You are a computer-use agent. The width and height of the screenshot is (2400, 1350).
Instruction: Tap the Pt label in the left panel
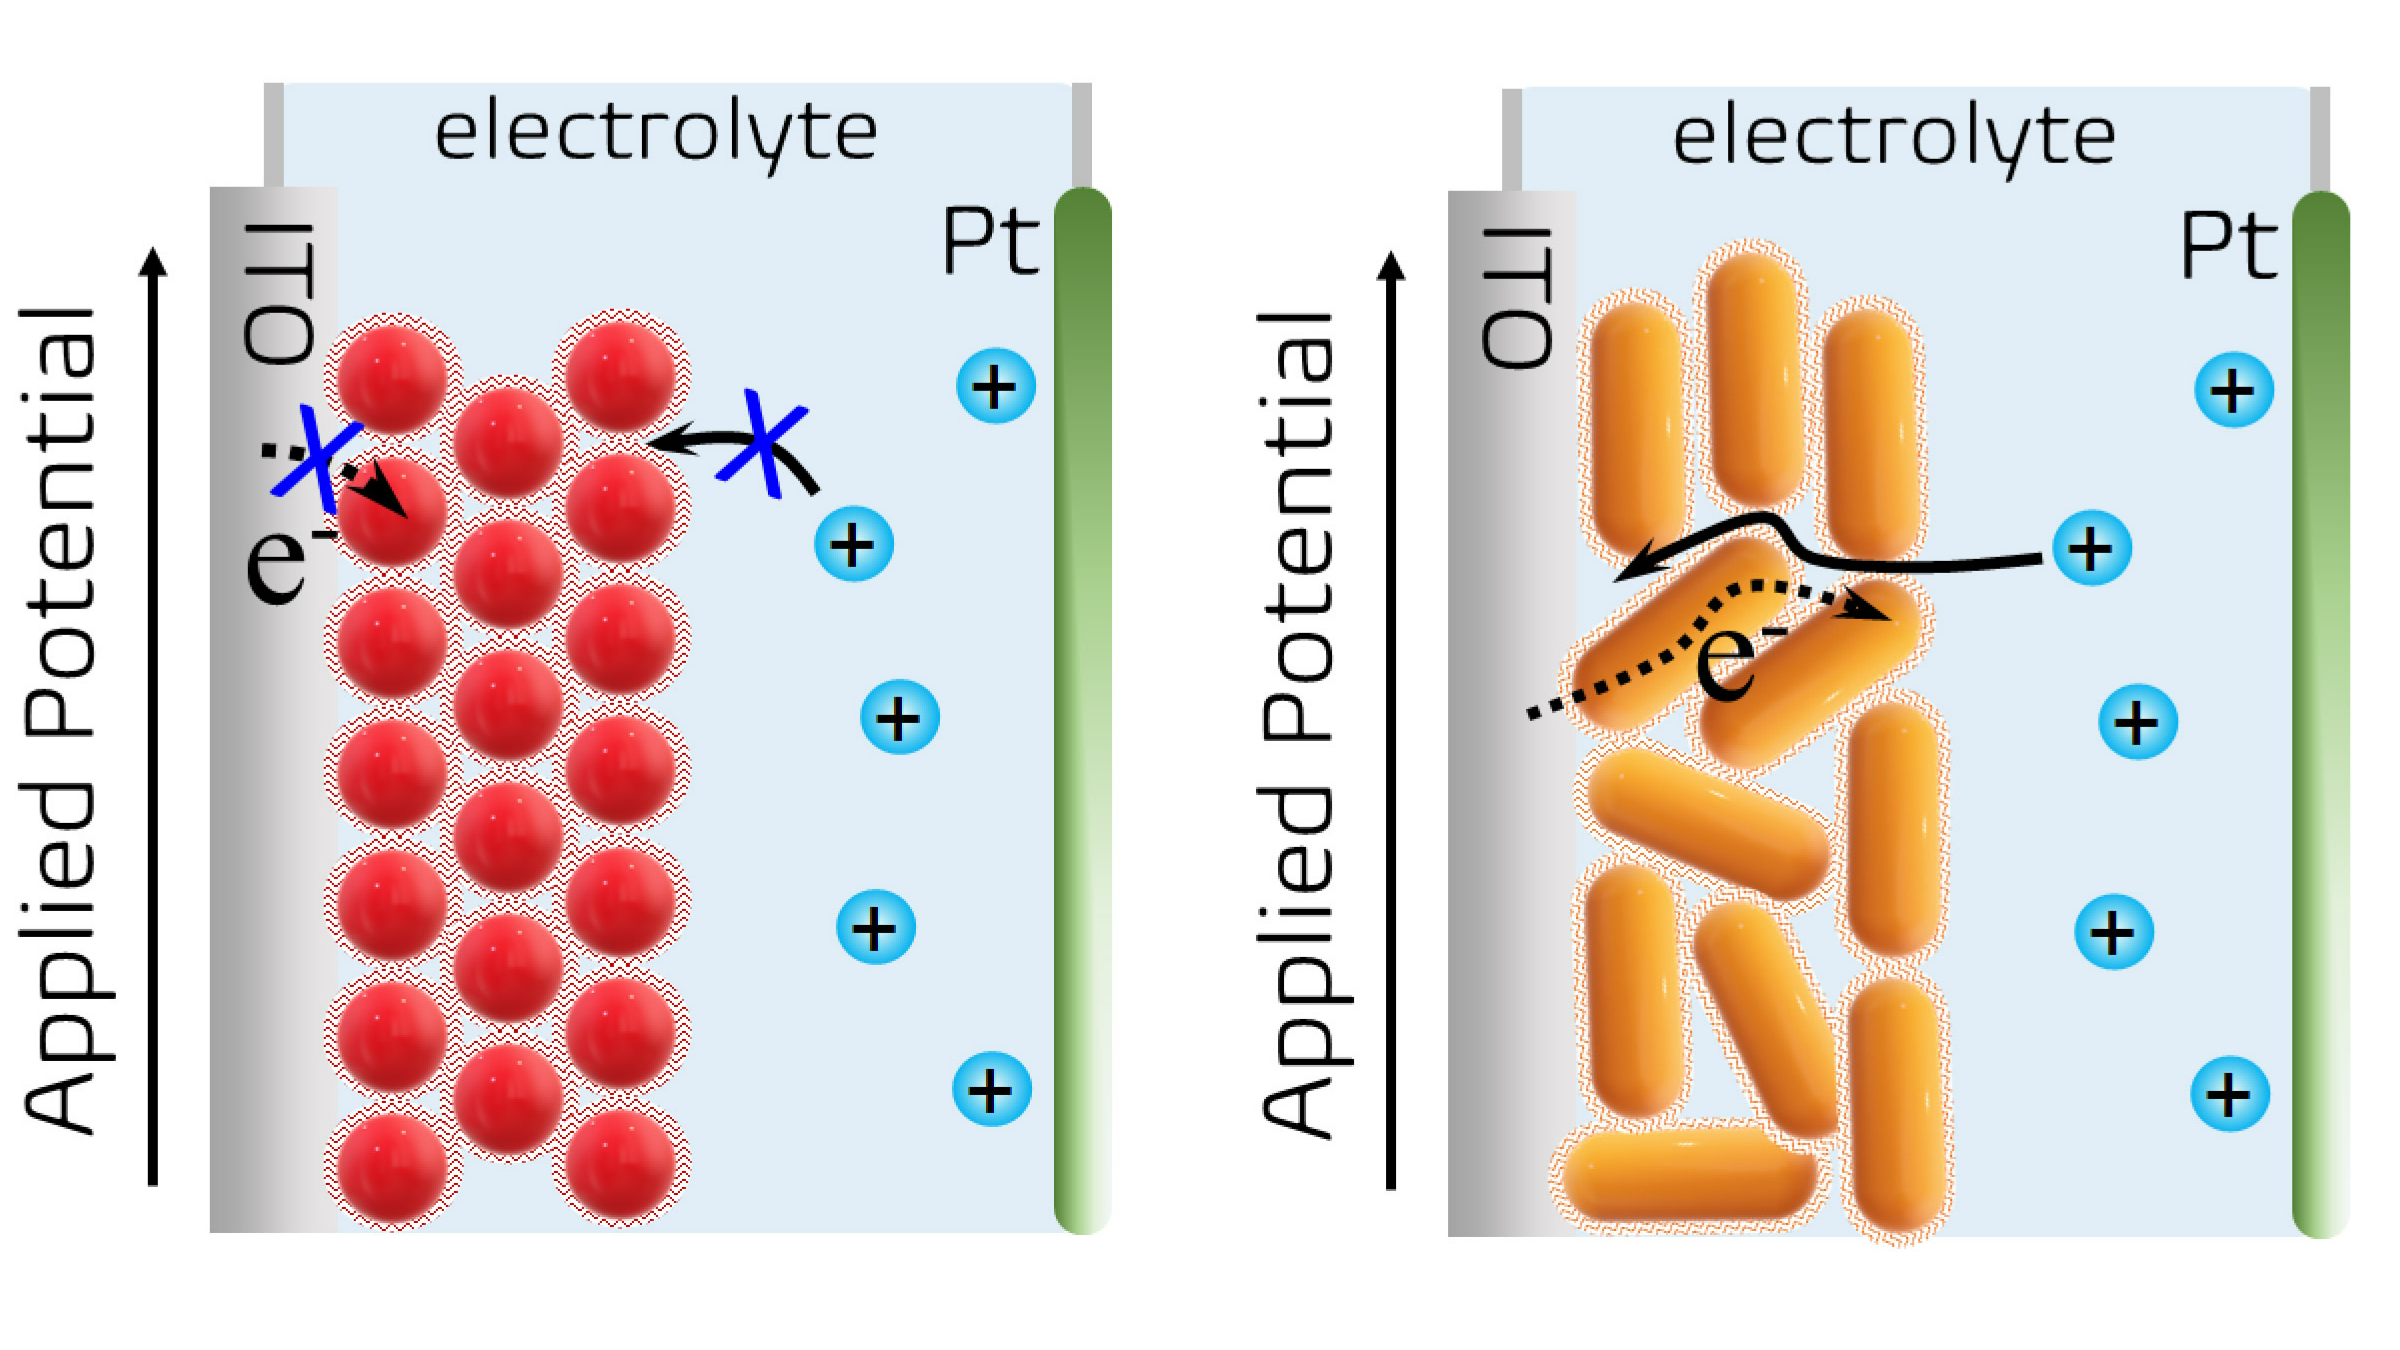(990, 241)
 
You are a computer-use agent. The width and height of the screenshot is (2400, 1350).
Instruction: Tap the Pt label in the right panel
(2228, 245)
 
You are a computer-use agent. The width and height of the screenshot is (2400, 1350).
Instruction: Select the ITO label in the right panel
(1517, 297)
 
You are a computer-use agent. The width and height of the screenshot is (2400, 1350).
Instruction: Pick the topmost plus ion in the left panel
(995, 386)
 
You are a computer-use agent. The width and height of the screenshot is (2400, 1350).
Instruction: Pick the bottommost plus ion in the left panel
(991, 1089)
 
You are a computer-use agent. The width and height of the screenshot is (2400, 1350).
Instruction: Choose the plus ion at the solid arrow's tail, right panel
(2091, 548)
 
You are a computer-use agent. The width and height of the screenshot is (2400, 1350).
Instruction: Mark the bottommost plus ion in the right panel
(2229, 1093)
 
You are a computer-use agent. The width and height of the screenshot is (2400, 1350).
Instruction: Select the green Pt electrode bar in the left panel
(1083, 710)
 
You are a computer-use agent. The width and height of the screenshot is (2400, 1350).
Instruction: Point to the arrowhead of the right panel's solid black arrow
(1626, 574)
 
